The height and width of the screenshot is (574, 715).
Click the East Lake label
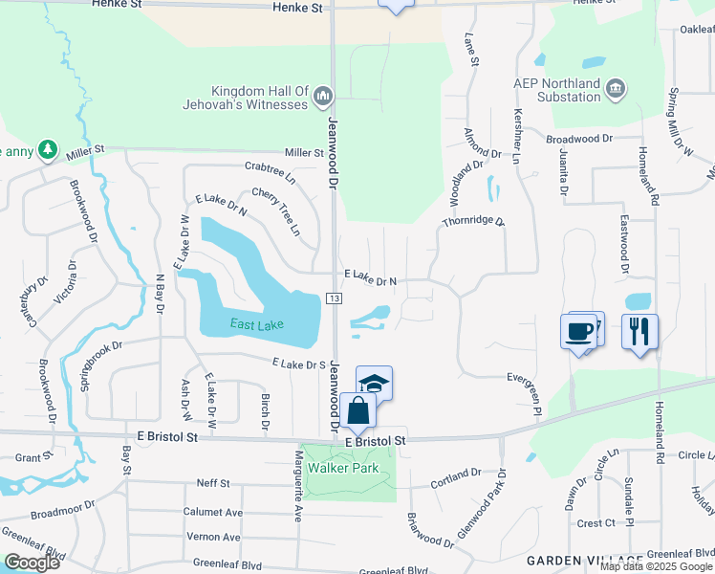point(256,325)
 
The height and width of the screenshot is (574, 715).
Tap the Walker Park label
point(343,469)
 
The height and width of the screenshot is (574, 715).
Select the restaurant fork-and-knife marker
point(639,331)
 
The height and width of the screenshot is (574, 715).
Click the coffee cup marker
point(580,331)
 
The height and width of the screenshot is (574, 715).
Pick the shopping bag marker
point(358,411)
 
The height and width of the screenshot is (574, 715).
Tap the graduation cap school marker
point(375,384)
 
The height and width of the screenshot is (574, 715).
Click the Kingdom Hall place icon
point(323,97)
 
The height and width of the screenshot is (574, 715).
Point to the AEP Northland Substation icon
point(616,89)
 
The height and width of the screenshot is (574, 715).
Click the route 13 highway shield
point(334,299)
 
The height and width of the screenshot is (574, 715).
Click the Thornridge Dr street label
point(472,221)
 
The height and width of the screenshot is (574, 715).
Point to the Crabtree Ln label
point(270,170)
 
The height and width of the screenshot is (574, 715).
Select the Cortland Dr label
point(454,475)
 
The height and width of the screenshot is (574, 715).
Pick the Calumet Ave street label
point(211,512)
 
